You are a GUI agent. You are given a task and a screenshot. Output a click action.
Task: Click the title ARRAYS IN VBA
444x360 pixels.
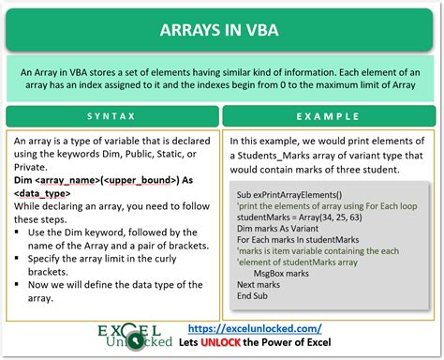[222, 29]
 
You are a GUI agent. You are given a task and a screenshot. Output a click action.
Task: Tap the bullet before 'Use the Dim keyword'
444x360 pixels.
[19, 232]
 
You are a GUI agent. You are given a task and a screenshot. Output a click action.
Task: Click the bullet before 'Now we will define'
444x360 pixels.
[19, 283]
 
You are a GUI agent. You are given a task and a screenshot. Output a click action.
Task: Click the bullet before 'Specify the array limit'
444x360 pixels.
[19, 257]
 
